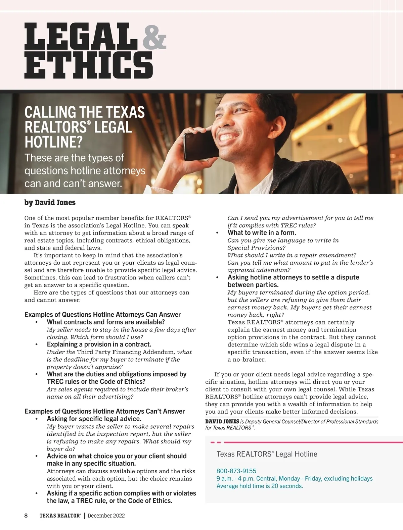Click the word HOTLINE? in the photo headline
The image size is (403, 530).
53,142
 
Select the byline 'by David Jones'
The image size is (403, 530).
50,203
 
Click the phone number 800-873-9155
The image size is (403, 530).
236,471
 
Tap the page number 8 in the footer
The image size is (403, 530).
26,516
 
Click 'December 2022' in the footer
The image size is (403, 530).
106,516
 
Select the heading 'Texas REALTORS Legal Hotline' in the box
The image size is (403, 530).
267,454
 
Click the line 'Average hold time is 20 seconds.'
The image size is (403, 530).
260,486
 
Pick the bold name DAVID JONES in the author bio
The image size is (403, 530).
222,422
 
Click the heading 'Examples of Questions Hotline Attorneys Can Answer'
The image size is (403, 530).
102,315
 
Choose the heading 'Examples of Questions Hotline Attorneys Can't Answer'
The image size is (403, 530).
104,411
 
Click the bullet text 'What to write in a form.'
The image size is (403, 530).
262,233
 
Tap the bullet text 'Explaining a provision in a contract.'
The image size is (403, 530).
99,344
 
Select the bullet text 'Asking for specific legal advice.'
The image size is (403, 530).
94,419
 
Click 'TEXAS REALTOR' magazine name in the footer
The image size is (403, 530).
60,516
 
